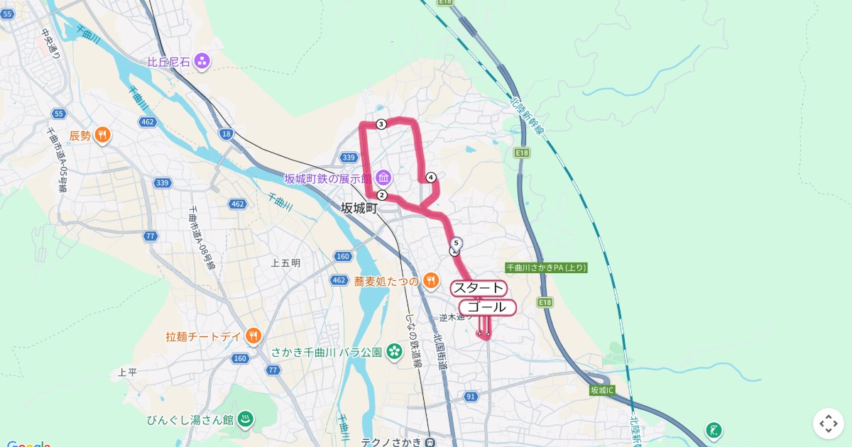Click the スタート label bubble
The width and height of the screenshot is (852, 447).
coord(479,288)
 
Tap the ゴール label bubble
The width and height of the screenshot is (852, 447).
coord(487,307)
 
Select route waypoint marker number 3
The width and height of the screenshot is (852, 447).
coord(381,125)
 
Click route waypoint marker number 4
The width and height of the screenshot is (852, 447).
coord(430,177)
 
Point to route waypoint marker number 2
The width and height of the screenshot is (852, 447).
coord(382,195)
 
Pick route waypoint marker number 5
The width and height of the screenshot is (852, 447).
coord(457,243)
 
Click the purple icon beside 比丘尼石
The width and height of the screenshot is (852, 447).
coord(202,62)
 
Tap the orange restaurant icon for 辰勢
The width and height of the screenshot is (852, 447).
coord(103,135)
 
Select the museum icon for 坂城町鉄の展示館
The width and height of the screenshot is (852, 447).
coord(383,177)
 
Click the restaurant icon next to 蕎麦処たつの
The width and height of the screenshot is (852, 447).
coord(431,282)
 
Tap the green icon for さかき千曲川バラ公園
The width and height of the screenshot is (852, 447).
coord(395,352)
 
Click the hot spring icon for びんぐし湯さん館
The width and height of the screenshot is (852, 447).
coord(245,419)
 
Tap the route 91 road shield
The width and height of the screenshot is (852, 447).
coord(471,397)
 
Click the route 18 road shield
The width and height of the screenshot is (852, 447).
coord(226,133)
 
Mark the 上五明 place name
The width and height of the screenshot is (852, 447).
coord(285,263)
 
